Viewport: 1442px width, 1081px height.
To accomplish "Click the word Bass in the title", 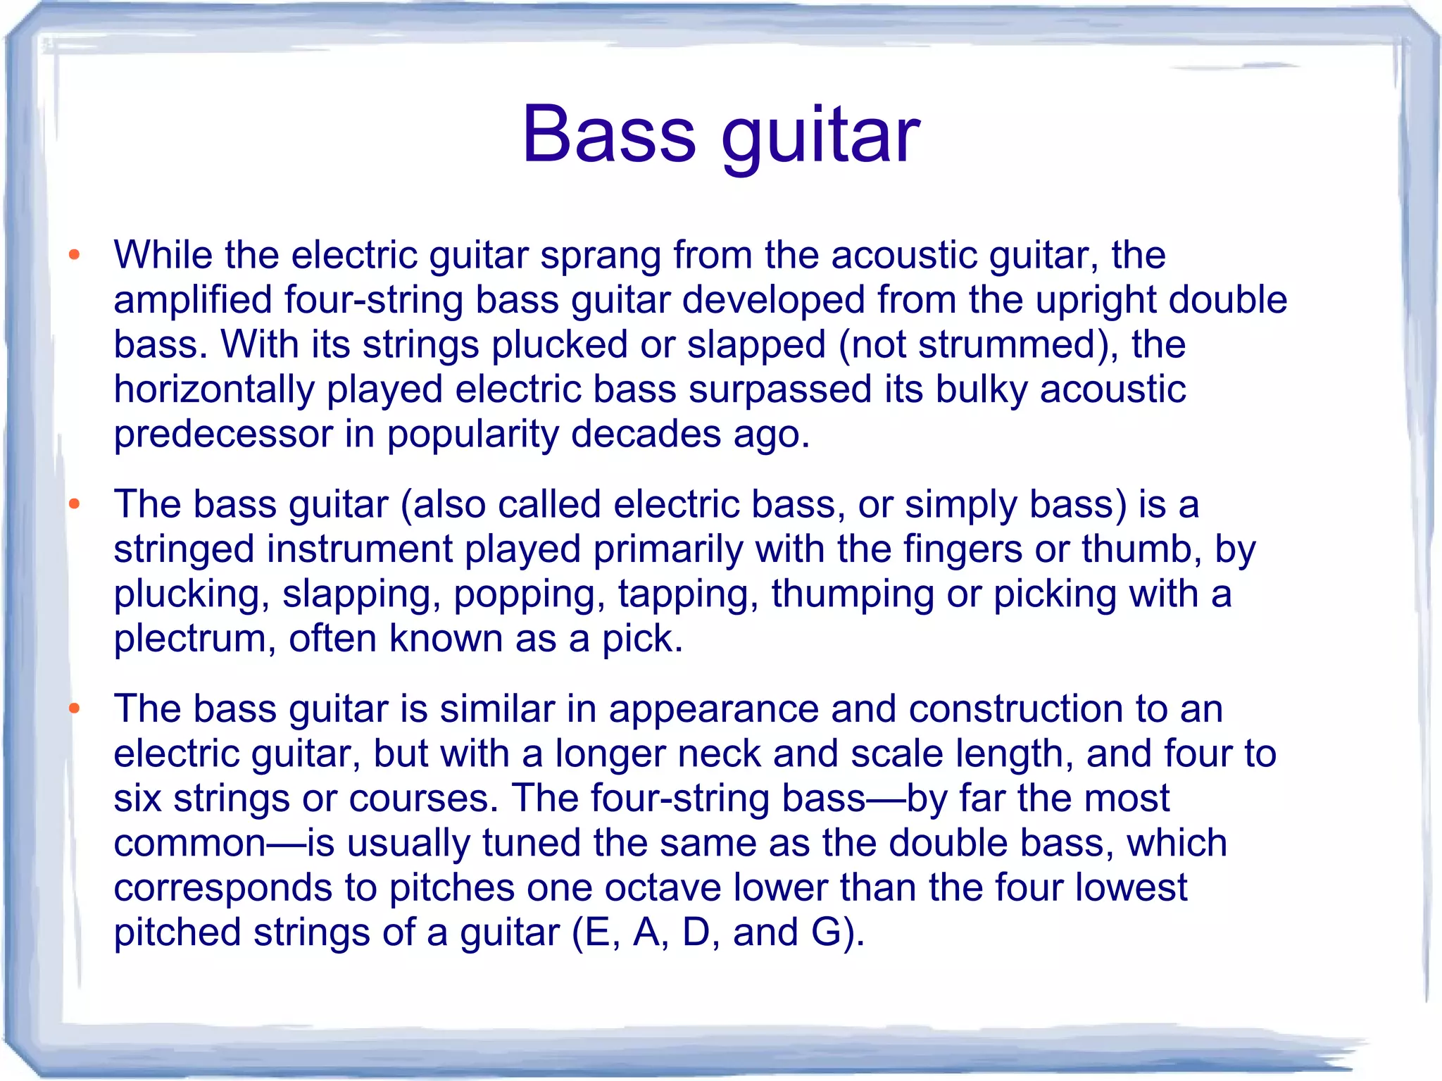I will (x=608, y=134).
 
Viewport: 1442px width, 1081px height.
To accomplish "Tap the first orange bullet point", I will (x=75, y=254).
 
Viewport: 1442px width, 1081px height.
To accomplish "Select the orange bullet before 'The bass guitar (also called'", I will (x=75, y=504).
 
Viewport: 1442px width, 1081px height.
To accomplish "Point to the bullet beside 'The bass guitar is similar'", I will (x=75, y=708).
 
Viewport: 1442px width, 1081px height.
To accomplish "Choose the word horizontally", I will (x=214, y=389).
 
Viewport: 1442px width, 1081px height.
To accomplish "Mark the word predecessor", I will (x=222, y=435).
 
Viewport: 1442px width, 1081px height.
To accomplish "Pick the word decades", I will (x=646, y=434).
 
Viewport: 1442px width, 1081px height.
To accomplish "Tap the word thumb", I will (x=1141, y=549).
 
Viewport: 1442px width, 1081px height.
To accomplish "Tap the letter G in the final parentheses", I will (x=826, y=932).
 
